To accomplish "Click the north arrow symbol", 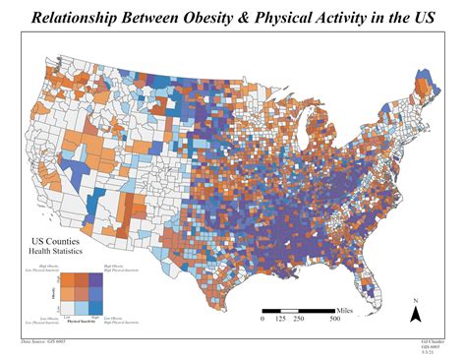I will [416, 315].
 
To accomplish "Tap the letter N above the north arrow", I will [416, 300].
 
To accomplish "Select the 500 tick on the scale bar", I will [335, 319].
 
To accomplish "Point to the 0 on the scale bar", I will [262, 319].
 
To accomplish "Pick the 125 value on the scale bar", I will [280, 319].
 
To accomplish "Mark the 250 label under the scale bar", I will [299, 319].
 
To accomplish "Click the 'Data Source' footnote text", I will [40, 340].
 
